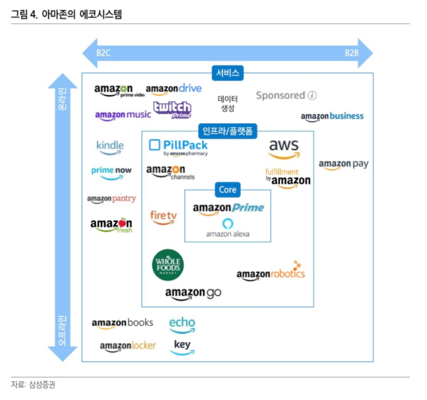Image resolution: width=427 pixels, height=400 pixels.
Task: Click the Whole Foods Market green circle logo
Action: click(168, 265)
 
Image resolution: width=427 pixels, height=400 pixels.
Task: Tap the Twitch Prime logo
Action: click(172, 109)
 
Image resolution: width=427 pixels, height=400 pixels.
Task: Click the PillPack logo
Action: click(178, 147)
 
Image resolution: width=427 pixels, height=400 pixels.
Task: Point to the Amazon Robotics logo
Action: click(271, 272)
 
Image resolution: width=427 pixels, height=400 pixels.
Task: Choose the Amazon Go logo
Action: click(193, 293)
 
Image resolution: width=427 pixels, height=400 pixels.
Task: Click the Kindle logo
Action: click(110, 147)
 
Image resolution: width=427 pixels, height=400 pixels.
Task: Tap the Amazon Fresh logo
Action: click(111, 225)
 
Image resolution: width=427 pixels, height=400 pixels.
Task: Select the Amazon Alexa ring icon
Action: click(228, 223)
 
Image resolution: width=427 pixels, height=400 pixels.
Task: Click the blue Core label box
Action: click(228, 190)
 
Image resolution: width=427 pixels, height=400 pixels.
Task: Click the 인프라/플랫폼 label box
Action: click(228, 131)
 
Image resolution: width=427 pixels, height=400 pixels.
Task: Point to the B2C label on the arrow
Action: click(104, 53)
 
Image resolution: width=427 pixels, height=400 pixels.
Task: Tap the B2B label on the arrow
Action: click(351, 53)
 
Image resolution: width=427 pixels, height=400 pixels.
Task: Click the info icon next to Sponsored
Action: click(312, 95)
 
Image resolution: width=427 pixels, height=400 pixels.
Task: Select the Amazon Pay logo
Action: click(344, 165)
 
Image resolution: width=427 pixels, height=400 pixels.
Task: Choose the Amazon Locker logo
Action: click(128, 346)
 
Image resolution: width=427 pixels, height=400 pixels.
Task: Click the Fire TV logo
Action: click(163, 217)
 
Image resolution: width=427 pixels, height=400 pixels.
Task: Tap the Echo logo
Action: click(182, 324)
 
